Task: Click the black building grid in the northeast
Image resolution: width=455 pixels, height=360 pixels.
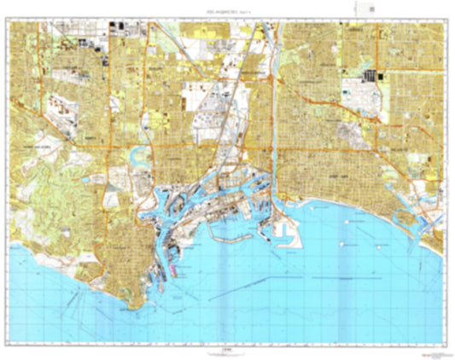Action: [370, 76]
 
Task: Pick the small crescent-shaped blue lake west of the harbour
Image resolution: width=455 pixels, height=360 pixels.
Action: [136, 155]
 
